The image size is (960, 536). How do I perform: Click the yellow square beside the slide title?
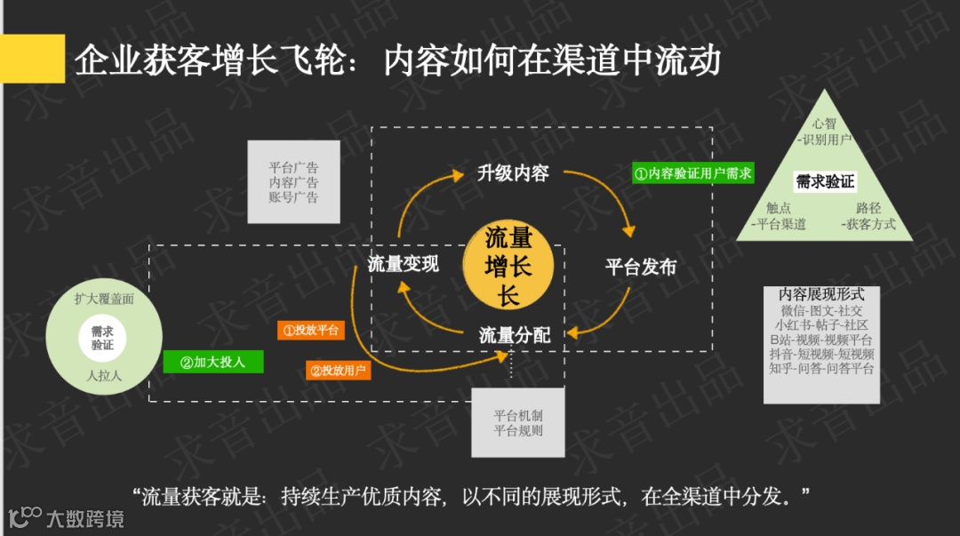pyautogui.click(x=32, y=59)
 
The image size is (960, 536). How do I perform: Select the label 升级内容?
pyautogui.click(x=513, y=173)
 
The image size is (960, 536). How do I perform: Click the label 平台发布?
pyautogui.click(x=641, y=267)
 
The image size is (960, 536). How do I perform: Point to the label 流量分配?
pyautogui.click(x=515, y=335)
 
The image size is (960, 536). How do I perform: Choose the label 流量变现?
pyautogui.click(x=403, y=264)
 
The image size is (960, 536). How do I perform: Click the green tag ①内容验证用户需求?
pyautogui.click(x=693, y=172)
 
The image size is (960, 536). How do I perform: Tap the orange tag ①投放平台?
pyautogui.click(x=310, y=330)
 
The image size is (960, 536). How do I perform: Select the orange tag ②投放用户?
pyautogui.click(x=338, y=370)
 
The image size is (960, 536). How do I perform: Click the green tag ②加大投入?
pyautogui.click(x=212, y=362)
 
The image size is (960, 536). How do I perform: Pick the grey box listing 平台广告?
pyautogui.click(x=293, y=182)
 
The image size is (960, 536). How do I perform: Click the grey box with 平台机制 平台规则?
pyautogui.click(x=518, y=423)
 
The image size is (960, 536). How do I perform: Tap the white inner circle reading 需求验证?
pyautogui.click(x=102, y=338)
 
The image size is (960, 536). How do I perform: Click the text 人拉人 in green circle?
pyautogui.click(x=104, y=376)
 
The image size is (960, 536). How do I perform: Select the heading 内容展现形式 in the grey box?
pyautogui.click(x=820, y=294)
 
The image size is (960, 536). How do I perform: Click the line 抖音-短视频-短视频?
pyautogui.click(x=821, y=354)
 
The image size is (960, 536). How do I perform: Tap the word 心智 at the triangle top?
pyautogui.click(x=823, y=124)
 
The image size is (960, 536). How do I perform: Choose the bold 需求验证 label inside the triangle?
pyautogui.click(x=825, y=182)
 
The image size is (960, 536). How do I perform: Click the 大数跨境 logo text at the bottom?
pyautogui.click(x=85, y=518)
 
